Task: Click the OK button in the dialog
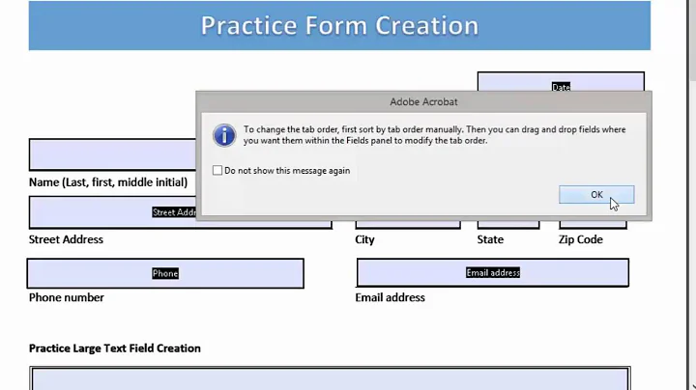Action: (596, 195)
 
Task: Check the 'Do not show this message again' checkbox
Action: (218, 171)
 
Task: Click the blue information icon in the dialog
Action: (224, 134)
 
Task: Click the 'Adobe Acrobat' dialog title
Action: (423, 101)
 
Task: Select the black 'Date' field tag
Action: (561, 87)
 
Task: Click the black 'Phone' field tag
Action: (165, 273)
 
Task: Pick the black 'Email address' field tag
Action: (493, 273)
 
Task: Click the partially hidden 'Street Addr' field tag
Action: (174, 212)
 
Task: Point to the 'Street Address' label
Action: (66, 239)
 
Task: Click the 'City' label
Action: (364, 239)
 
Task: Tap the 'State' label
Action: (490, 239)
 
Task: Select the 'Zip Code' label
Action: (581, 239)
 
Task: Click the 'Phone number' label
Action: (67, 297)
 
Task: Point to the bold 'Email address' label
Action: (390, 297)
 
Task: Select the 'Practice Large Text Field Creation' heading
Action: (114, 348)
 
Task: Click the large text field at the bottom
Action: (329, 378)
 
